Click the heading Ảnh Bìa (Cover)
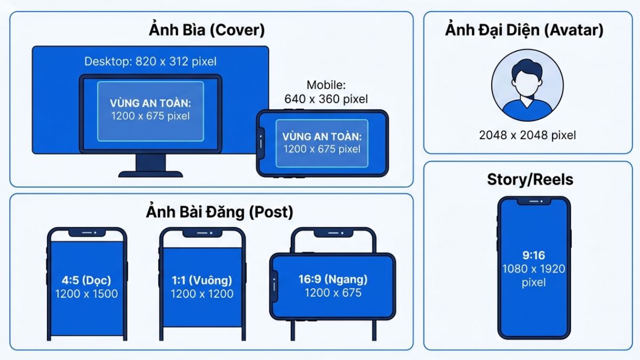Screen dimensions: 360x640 tap(206, 30)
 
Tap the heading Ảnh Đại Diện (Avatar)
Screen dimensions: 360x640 tap(524, 30)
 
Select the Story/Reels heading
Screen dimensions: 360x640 tap(530, 180)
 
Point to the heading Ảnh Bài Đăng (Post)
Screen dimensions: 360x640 tap(219, 212)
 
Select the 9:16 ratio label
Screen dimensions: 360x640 tap(533, 255)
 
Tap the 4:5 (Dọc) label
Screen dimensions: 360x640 tap(86, 280)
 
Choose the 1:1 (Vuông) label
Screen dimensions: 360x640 tap(202, 280)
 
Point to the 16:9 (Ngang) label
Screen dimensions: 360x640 tap(333, 279)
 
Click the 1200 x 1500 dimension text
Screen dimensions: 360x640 tap(86, 293)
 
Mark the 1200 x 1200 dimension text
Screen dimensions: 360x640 tap(202, 293)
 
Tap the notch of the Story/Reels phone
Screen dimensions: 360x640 tap(534, 202)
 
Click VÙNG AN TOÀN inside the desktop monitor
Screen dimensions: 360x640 tap(150, 103)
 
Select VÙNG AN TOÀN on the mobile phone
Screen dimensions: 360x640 tap(322, 137)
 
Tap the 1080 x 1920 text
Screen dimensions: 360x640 tap(533, 269)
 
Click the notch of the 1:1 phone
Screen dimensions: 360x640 tap(202, 234)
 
